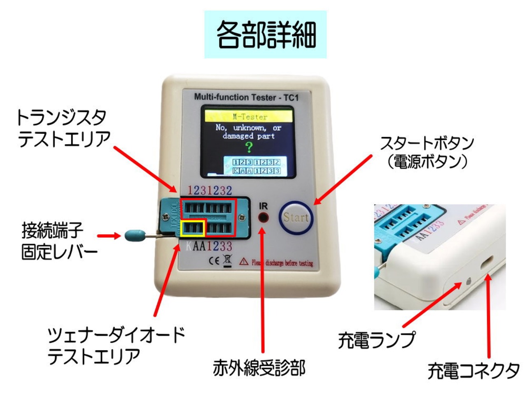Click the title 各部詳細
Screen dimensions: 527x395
(x=266, y=34)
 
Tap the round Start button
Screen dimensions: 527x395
(x=296, y=217)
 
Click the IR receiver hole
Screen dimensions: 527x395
(x=263, y=218)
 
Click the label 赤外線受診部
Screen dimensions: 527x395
(x=259, y=367)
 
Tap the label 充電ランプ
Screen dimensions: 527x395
(x=377, y=340)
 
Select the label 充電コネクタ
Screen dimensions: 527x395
(x=473, y=371)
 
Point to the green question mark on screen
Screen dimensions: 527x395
(x=249, y=147)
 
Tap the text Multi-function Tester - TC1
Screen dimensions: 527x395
(x=246, y=98)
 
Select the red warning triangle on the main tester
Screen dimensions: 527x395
(x=244, y=261)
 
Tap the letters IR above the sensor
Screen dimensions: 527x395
(x=263, y=206)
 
